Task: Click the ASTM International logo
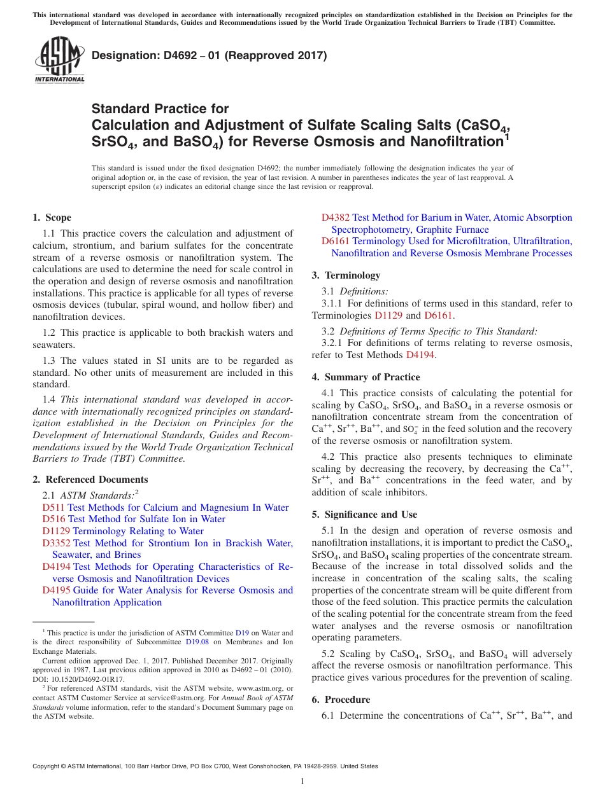click(x=59, y=60)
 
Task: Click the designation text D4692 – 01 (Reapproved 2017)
click(x=209, y=55)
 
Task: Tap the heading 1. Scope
click(x=52, y=218)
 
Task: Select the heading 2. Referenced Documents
click(x=90, y=480)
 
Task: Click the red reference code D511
click(x=53, y=508)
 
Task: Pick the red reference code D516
click(x=53, y=519)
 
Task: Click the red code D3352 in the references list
click(x=56, y=543)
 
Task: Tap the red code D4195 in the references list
click(x=56, y=590)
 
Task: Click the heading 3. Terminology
click(x=346, y=275)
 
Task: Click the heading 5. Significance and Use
click(x=364, y=515)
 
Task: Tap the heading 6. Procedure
click(x=341, y=700)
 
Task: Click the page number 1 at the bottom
click(x=302, y=782)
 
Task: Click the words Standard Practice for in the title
click(x=160, y=109)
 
